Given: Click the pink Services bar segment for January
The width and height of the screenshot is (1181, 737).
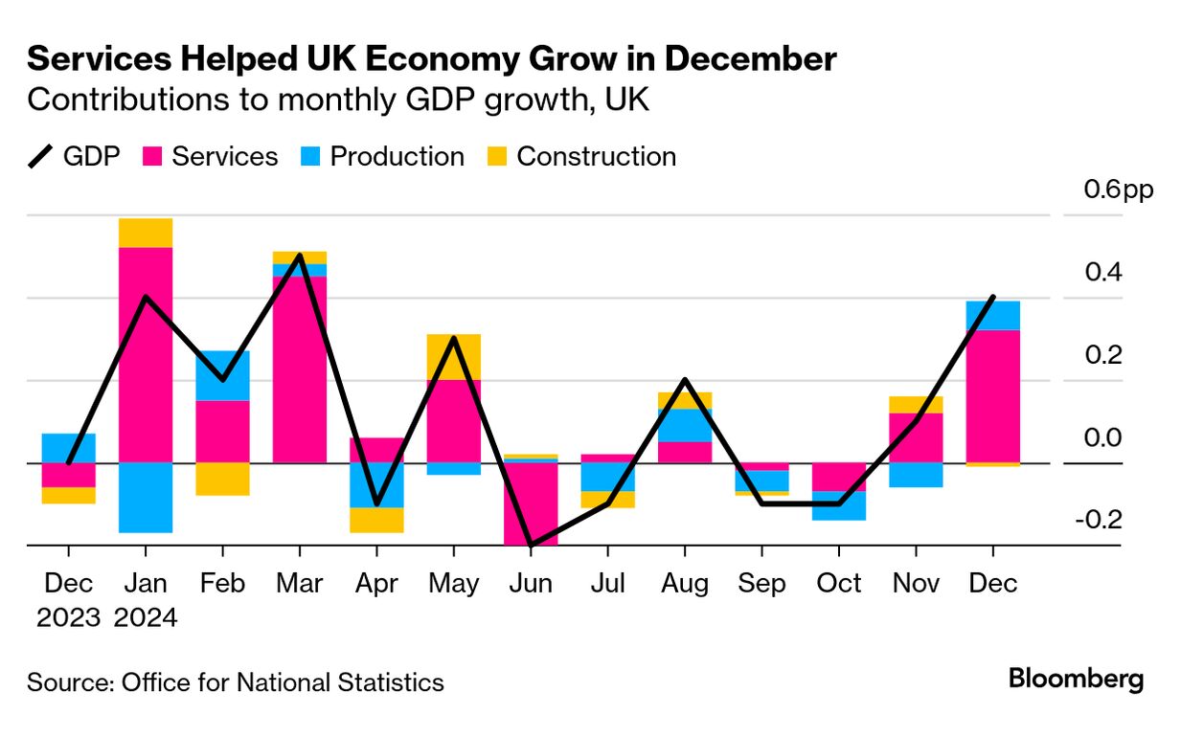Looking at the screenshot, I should coord(146,354).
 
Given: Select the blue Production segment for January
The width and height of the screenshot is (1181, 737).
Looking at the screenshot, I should coord(146,497).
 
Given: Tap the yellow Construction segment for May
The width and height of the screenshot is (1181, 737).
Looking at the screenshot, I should coord(453,356).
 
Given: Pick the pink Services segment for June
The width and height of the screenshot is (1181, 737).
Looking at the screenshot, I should coord(530,503).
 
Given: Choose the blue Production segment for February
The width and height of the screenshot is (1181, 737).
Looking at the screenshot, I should coord(222,375).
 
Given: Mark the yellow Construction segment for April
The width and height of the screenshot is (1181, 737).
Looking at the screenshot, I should coord(376,520).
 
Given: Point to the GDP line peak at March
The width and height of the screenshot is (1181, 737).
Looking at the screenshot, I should coord(300,256).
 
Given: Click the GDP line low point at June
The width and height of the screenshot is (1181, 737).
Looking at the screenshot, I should coord(530,545).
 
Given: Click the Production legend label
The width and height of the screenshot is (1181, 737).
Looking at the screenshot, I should coord(397,157).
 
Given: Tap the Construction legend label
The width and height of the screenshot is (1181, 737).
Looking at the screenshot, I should coord(596,157).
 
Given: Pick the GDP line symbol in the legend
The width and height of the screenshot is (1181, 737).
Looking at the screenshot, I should coord(41,157).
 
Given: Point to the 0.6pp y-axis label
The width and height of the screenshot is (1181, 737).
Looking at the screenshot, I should coord(1119,190).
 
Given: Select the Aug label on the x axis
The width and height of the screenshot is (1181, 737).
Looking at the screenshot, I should coord(684,584).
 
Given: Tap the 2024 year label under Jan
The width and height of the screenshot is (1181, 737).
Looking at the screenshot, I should coord(146,618).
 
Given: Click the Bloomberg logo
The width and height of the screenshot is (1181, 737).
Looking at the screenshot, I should coord(1076,680).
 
